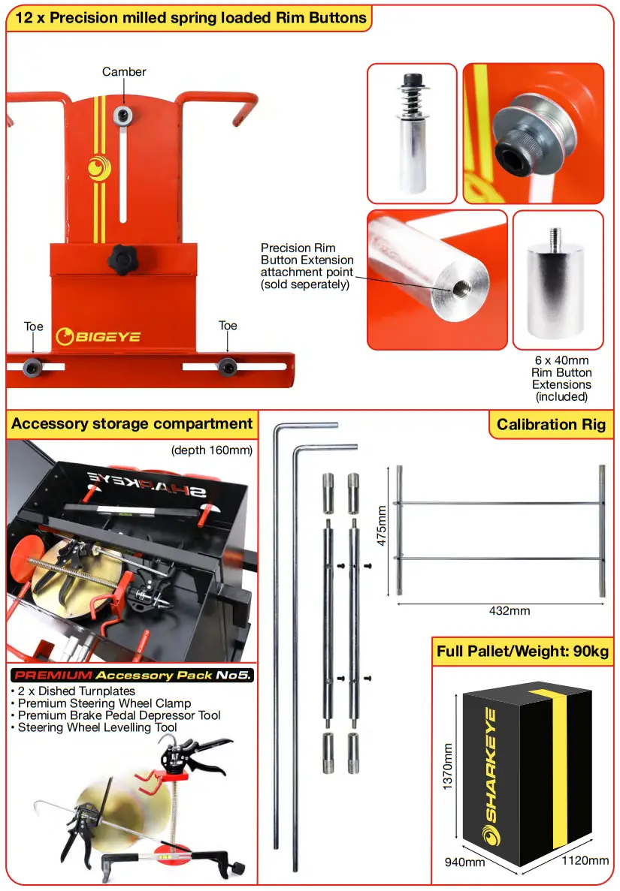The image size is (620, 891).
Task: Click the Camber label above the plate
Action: coord(124,72)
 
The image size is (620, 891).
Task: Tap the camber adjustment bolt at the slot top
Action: coord(123,115)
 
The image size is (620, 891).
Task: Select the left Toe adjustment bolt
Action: coord(33,366)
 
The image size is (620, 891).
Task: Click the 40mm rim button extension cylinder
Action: coord(558,293)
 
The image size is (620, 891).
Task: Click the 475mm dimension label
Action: coord(383,525)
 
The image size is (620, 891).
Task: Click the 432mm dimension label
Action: coord(509,610)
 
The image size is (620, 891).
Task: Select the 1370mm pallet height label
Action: coord(448,766)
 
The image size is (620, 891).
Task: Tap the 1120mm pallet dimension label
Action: coord(585,860)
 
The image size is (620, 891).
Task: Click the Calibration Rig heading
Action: coord(551,424)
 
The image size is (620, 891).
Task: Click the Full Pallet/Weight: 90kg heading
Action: coord(522,651)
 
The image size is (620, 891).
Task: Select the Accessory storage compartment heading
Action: coord(132,423)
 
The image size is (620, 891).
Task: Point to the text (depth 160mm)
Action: coord(212,450)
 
